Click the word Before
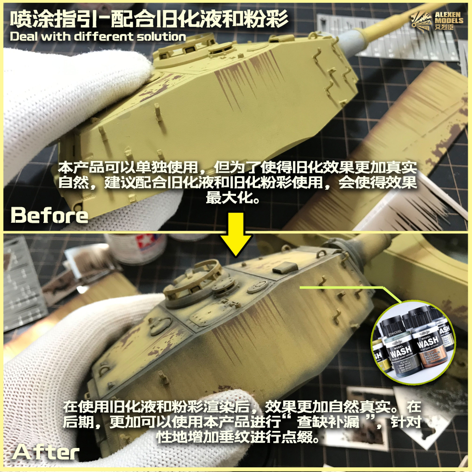50,215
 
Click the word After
46,452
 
